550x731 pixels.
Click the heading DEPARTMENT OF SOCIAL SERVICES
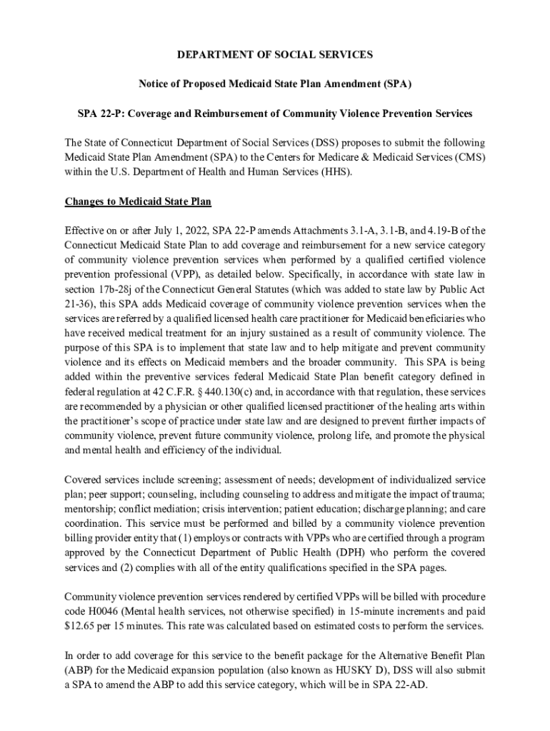pos(275,54)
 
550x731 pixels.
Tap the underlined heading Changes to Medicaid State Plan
pos(138,201)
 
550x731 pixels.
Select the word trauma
pos(469,495)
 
